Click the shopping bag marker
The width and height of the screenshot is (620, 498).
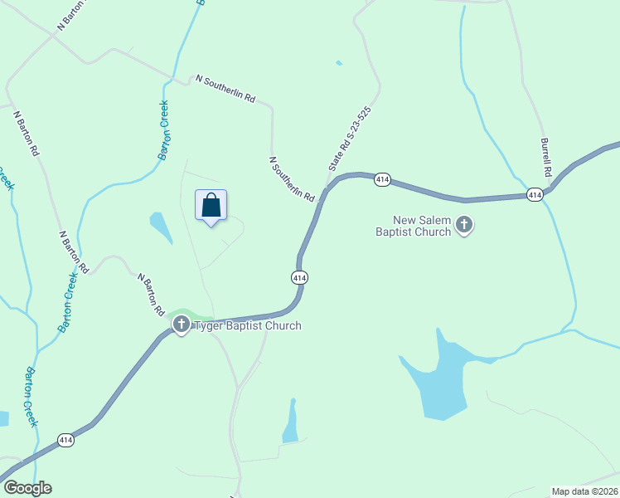[x=211, y=206]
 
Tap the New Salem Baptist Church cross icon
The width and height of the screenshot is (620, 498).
[x=464, y=225]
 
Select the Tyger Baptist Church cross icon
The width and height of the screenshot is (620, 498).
[x=182, y=325]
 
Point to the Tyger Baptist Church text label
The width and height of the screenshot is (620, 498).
[x=247, y=325]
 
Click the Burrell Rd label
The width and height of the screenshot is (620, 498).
[x=545, y=158]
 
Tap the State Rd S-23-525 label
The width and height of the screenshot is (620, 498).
[x=349, y=139]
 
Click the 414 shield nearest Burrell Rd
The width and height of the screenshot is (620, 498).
[x=534, y=195]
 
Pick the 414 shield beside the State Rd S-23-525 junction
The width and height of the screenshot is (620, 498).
[x=381, y=180]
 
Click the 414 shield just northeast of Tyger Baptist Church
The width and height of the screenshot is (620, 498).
[x=299, y=277]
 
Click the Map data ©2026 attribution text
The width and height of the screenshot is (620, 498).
[x=584, y=491]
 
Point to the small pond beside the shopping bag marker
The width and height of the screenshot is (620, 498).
[x=160, y=227]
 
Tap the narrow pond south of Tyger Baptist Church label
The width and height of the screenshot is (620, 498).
[x=291, y=422]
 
